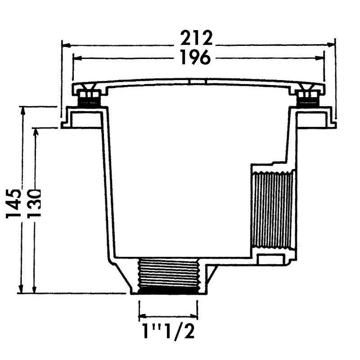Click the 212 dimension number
[196, 38]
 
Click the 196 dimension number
[195, 57]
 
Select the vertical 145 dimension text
[13, 203]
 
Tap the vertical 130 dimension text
[34, 203]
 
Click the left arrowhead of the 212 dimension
[66, 45]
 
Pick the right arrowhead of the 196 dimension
[319, 58]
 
